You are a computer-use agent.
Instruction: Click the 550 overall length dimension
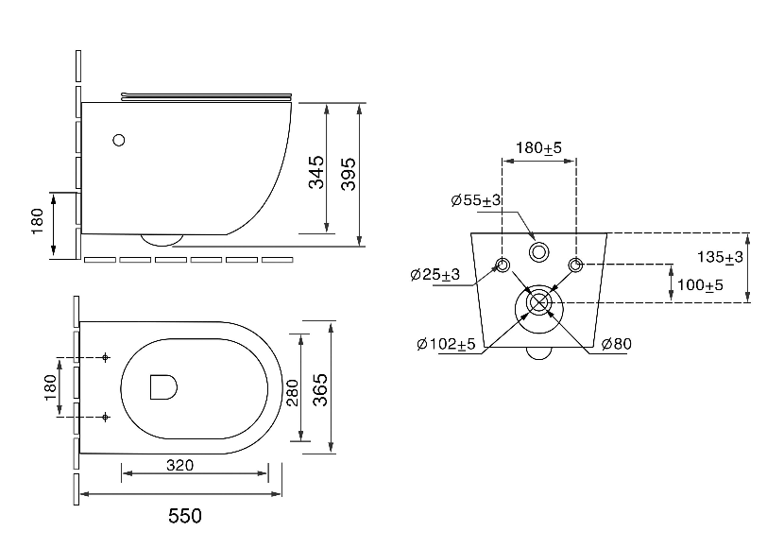[185, 516]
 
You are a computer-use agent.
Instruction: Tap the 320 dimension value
[179, 465]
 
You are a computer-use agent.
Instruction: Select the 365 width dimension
[320, 389]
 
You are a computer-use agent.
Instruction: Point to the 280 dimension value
[293, 392]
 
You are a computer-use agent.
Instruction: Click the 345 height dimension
[316, 172]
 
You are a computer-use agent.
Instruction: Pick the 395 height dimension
[349, 174]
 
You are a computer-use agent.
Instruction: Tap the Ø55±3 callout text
[476, 200]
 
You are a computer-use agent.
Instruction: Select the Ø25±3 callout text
[435, 275]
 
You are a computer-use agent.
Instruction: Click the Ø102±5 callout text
[446, 344]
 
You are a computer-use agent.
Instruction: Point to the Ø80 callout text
[616, 344]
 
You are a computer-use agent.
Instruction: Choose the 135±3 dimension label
[720, 257]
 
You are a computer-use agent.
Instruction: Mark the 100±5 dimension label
[700, 284]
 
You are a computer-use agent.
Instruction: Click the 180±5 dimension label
[539, 147]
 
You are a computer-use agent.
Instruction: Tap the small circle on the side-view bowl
[118, 141]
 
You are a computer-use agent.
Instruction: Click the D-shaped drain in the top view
[163, 387]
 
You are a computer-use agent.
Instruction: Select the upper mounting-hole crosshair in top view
[105, 358]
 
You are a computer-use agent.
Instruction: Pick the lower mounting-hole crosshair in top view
[105, 417]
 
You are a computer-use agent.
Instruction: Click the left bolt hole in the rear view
[503, 265]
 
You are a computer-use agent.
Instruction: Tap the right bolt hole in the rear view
[575, 265]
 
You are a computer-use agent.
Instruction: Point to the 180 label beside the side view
[38, 221]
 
